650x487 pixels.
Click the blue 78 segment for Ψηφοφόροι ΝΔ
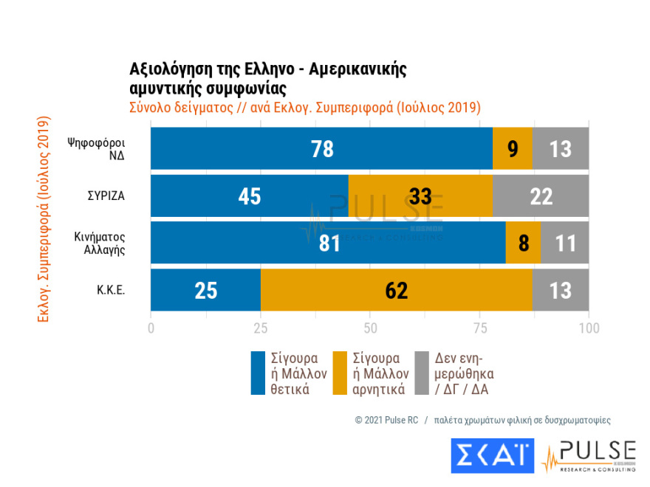click(x=321, y=148)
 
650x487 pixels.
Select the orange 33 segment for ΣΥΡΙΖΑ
click(x=420, y=196)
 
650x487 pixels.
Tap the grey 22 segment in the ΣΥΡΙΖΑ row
click(x=541, y=196)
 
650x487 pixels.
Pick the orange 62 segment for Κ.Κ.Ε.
click(x=396, y=290)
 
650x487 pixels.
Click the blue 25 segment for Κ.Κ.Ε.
click(x=205, y=290)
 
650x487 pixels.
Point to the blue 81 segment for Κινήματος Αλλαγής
click(x=328, y=243)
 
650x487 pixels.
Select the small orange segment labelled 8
click(x=523, y=243)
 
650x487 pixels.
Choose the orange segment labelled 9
click(x=512, y=148)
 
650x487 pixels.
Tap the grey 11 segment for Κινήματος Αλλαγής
click(x=564, y=243)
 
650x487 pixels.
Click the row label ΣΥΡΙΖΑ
click(x=105, y=197)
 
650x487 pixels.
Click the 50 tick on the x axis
click(x=370, y=327)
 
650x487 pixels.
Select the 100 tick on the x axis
click(x=589, y=327)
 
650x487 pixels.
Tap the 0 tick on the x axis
click(x=151, y=327)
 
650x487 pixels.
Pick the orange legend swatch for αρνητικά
click(x=340, y=373)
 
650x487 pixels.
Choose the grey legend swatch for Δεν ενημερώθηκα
click(x=422, y=373)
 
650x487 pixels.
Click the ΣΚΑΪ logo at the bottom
click(x=491, y=456)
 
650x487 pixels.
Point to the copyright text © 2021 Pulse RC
click(x=386, y=420)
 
